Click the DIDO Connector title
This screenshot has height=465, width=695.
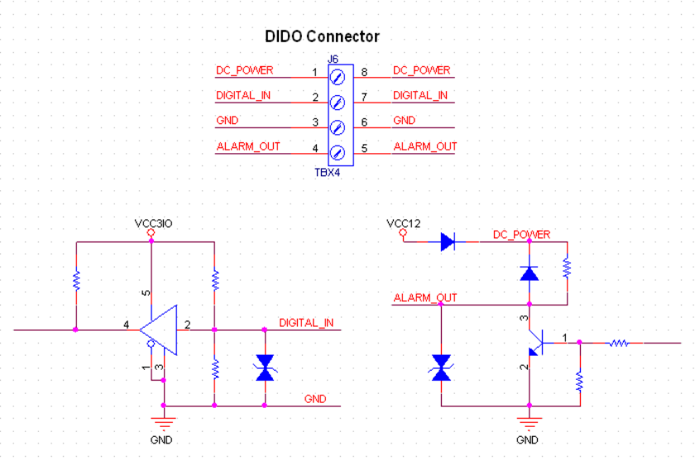322,36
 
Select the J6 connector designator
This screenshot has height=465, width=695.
333,59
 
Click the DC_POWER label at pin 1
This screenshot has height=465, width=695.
244,70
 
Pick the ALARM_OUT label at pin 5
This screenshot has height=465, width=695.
424,146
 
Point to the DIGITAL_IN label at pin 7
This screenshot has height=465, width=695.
419,95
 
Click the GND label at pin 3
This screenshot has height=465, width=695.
227,120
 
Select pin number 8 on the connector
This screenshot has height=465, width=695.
364,72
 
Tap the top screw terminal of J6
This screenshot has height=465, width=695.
337,78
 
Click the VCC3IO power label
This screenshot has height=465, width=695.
153,223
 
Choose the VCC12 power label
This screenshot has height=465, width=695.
404,223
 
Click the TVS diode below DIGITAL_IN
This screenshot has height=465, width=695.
265,367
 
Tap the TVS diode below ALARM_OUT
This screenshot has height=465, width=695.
441,367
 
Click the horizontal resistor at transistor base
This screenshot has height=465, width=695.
619,342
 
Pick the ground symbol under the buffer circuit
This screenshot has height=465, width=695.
164,425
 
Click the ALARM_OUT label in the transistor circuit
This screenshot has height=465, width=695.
425,298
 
